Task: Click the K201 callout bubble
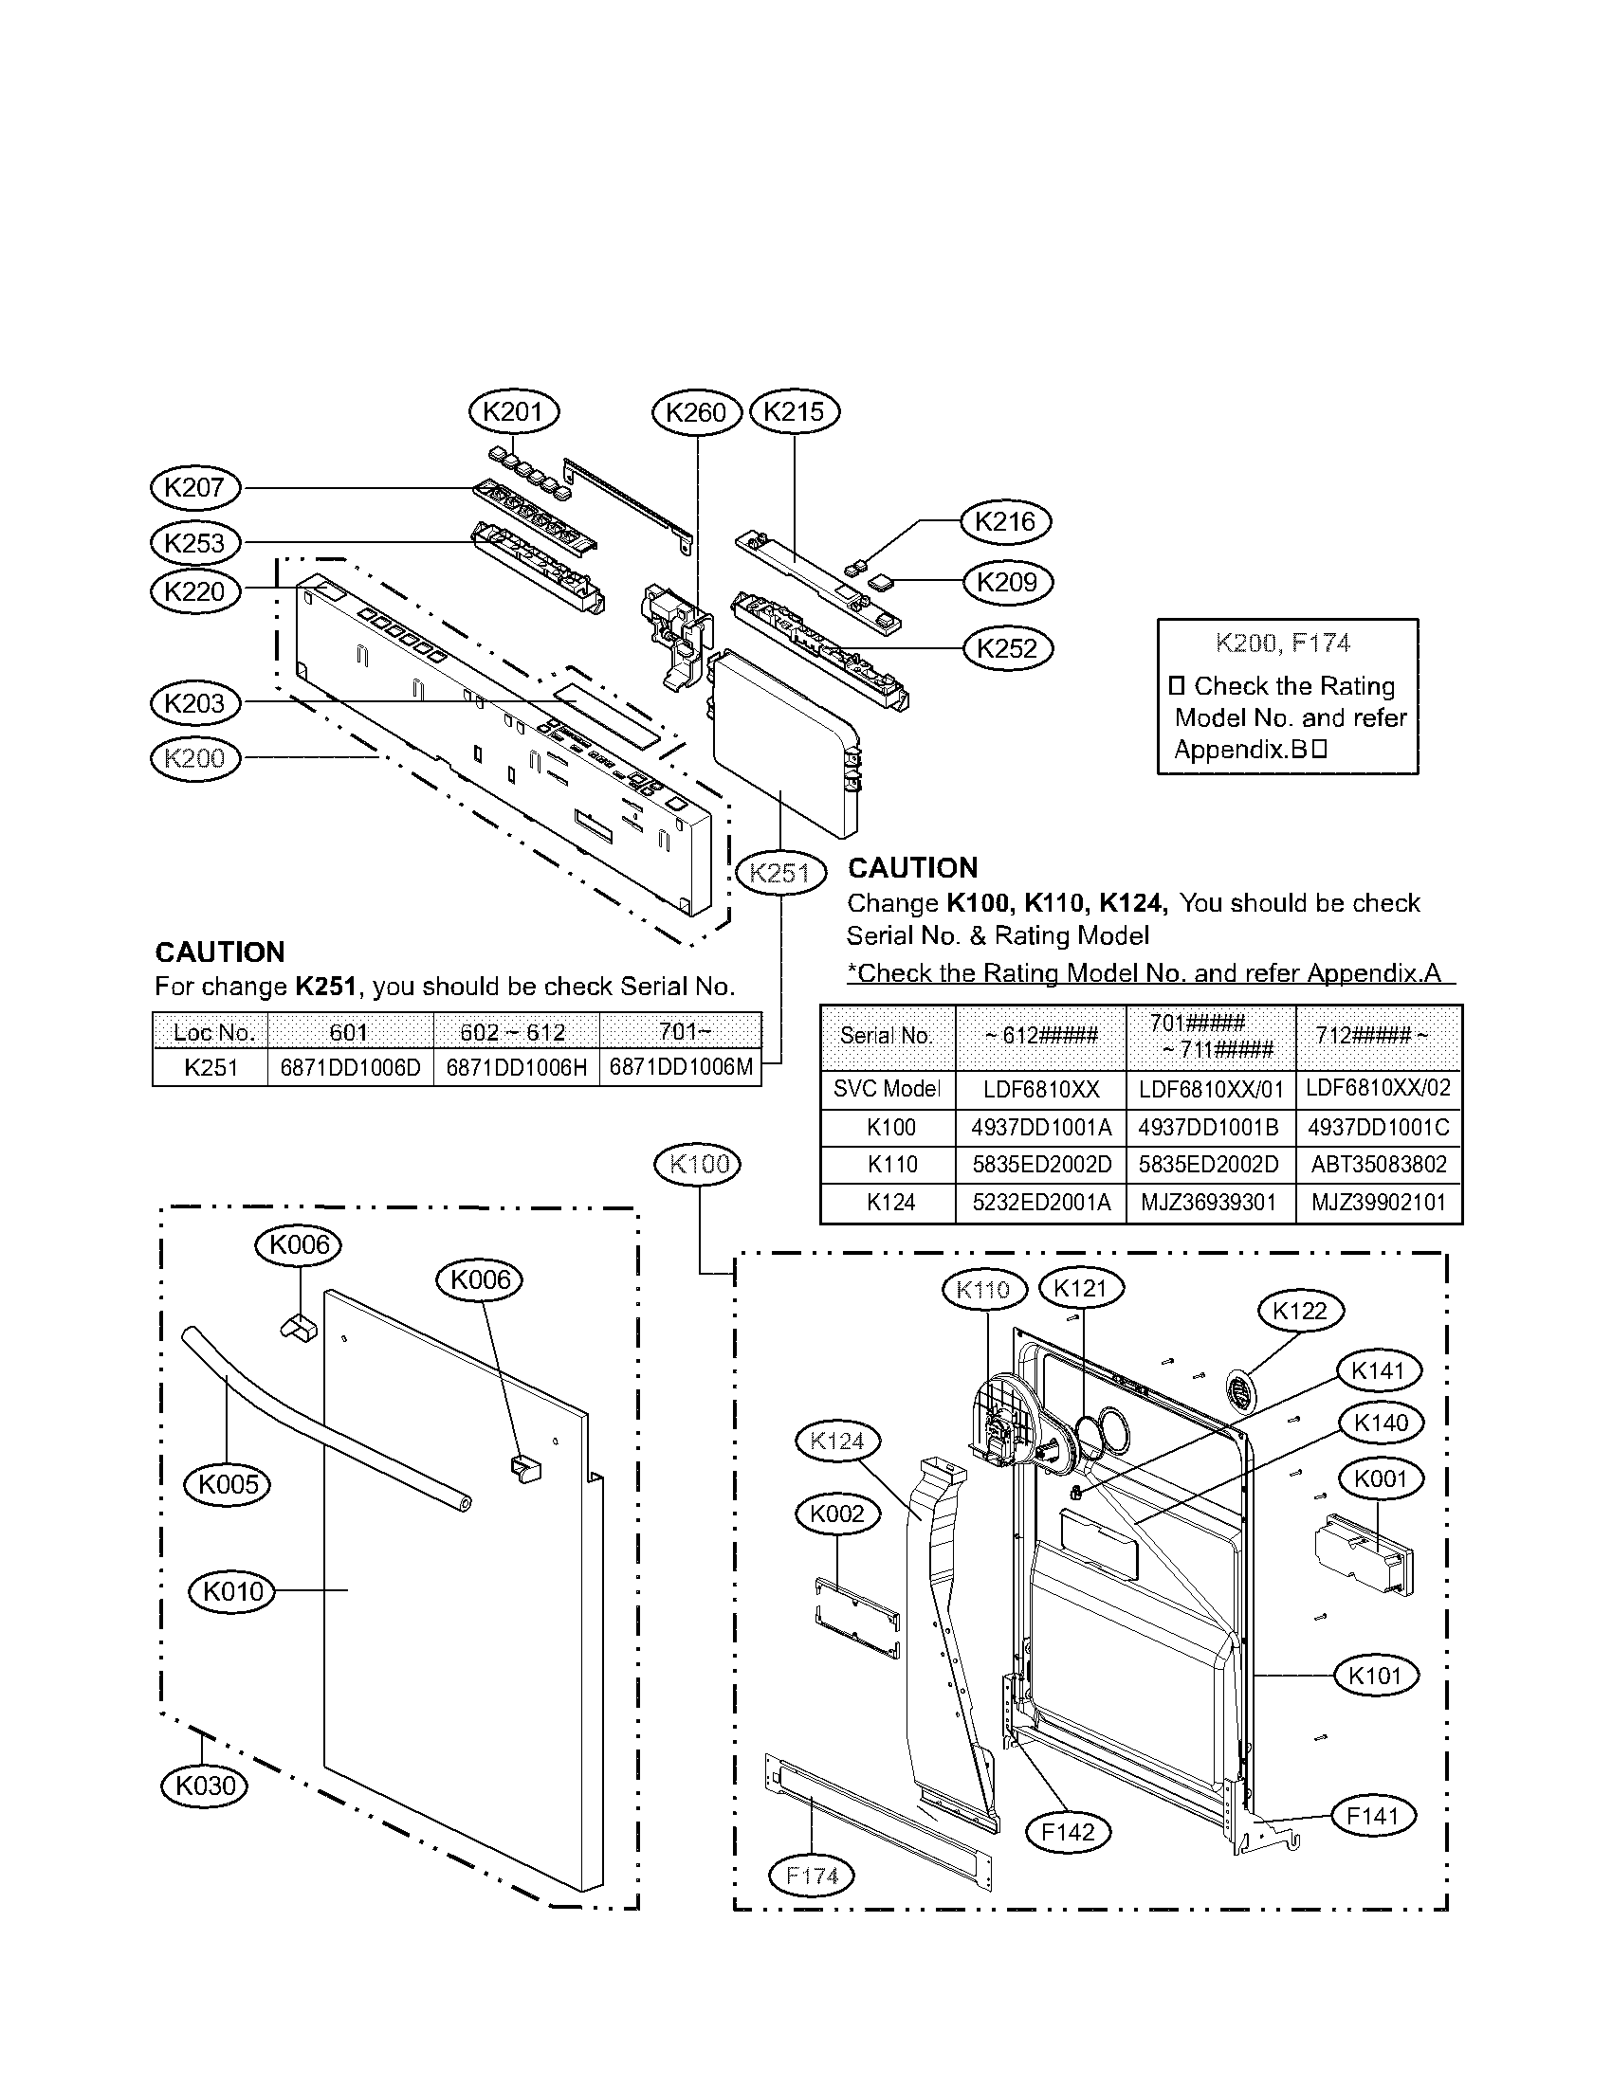pos(514,412)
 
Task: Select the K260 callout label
pos(696,412)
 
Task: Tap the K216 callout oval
pos(1004,521)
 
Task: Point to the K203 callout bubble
pos(194,703)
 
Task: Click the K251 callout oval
pos(779,873)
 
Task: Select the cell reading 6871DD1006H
pos(516,1067)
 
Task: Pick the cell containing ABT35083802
pos(1378,1165)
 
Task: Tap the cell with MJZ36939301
pos(1208,1203)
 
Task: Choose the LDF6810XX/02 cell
pos(1378,1088)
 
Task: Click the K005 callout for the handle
pos(228,1483)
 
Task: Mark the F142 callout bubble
pos(1068,1831)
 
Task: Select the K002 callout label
pos(836,1514)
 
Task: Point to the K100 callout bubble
pos(699,1164)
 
